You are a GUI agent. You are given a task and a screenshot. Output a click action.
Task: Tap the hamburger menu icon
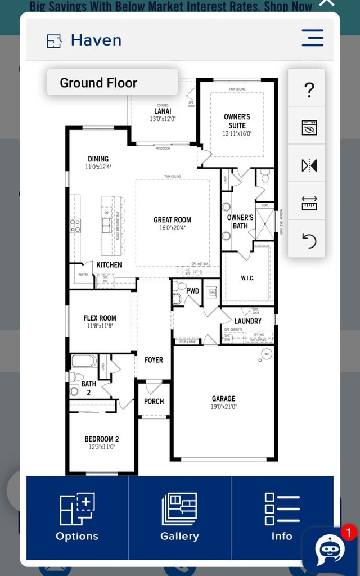coord(312,38)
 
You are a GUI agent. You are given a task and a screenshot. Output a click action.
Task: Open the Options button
coord(77,517)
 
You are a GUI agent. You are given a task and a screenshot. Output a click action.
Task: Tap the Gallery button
coord(179,517)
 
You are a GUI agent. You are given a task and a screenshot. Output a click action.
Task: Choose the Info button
coord(282,517)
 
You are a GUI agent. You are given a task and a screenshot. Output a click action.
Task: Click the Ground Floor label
coord(98,83)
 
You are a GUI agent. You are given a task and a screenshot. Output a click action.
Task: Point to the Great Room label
coord(172,220)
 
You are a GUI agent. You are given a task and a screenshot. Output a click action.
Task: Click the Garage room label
coord(223,399)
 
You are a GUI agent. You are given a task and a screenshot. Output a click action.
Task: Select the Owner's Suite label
coord(237,121)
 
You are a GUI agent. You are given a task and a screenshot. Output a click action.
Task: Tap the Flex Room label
coord(100,318)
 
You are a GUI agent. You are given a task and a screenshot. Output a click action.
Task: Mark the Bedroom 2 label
coord(101,439)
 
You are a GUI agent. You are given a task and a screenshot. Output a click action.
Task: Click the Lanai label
coord(163,111)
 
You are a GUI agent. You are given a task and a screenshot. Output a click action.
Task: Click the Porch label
coord(154,401)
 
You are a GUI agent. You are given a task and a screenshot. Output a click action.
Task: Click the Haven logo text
coord(96,40)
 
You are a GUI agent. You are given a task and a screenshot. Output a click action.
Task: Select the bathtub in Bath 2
coord(84,361)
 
